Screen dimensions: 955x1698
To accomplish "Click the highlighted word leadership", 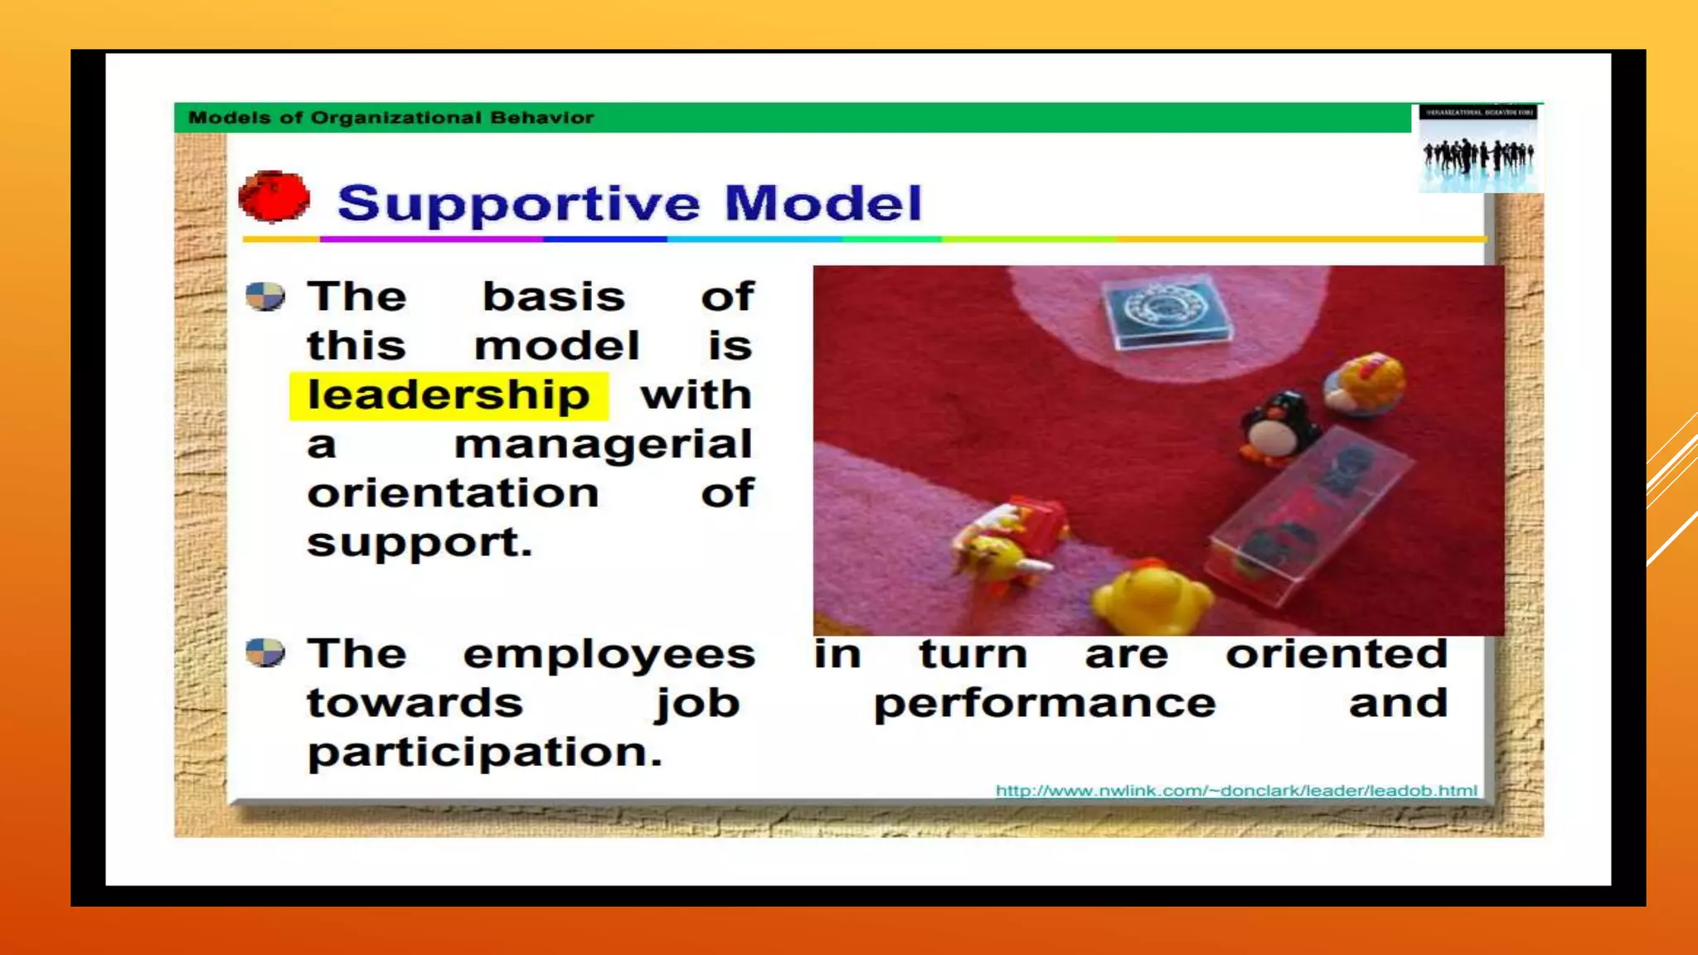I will pos(449,395).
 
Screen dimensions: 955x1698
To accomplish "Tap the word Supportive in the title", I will pos(518,204).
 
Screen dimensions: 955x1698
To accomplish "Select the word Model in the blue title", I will pos(822,203).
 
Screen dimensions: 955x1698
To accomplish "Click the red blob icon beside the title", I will pos(274,197).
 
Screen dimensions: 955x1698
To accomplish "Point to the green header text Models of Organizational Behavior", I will pos(391,118).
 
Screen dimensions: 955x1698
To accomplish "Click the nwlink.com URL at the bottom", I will pos(1235,791).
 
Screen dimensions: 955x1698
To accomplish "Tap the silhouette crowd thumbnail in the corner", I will pos(1479,149).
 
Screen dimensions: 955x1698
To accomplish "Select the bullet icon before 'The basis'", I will pos(265,296).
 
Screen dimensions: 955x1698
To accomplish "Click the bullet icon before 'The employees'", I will pos(265,652).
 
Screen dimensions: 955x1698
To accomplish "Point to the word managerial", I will pos(603,445).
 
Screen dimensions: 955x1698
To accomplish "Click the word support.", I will pos(419,543).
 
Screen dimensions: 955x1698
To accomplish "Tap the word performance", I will pos(1045,704).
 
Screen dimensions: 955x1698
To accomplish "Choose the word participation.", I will pos(484,753).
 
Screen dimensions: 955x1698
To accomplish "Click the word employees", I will pos(609,655).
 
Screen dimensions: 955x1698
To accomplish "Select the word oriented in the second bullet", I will pos(1337,653).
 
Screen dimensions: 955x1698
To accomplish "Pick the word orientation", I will pos(453,494).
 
